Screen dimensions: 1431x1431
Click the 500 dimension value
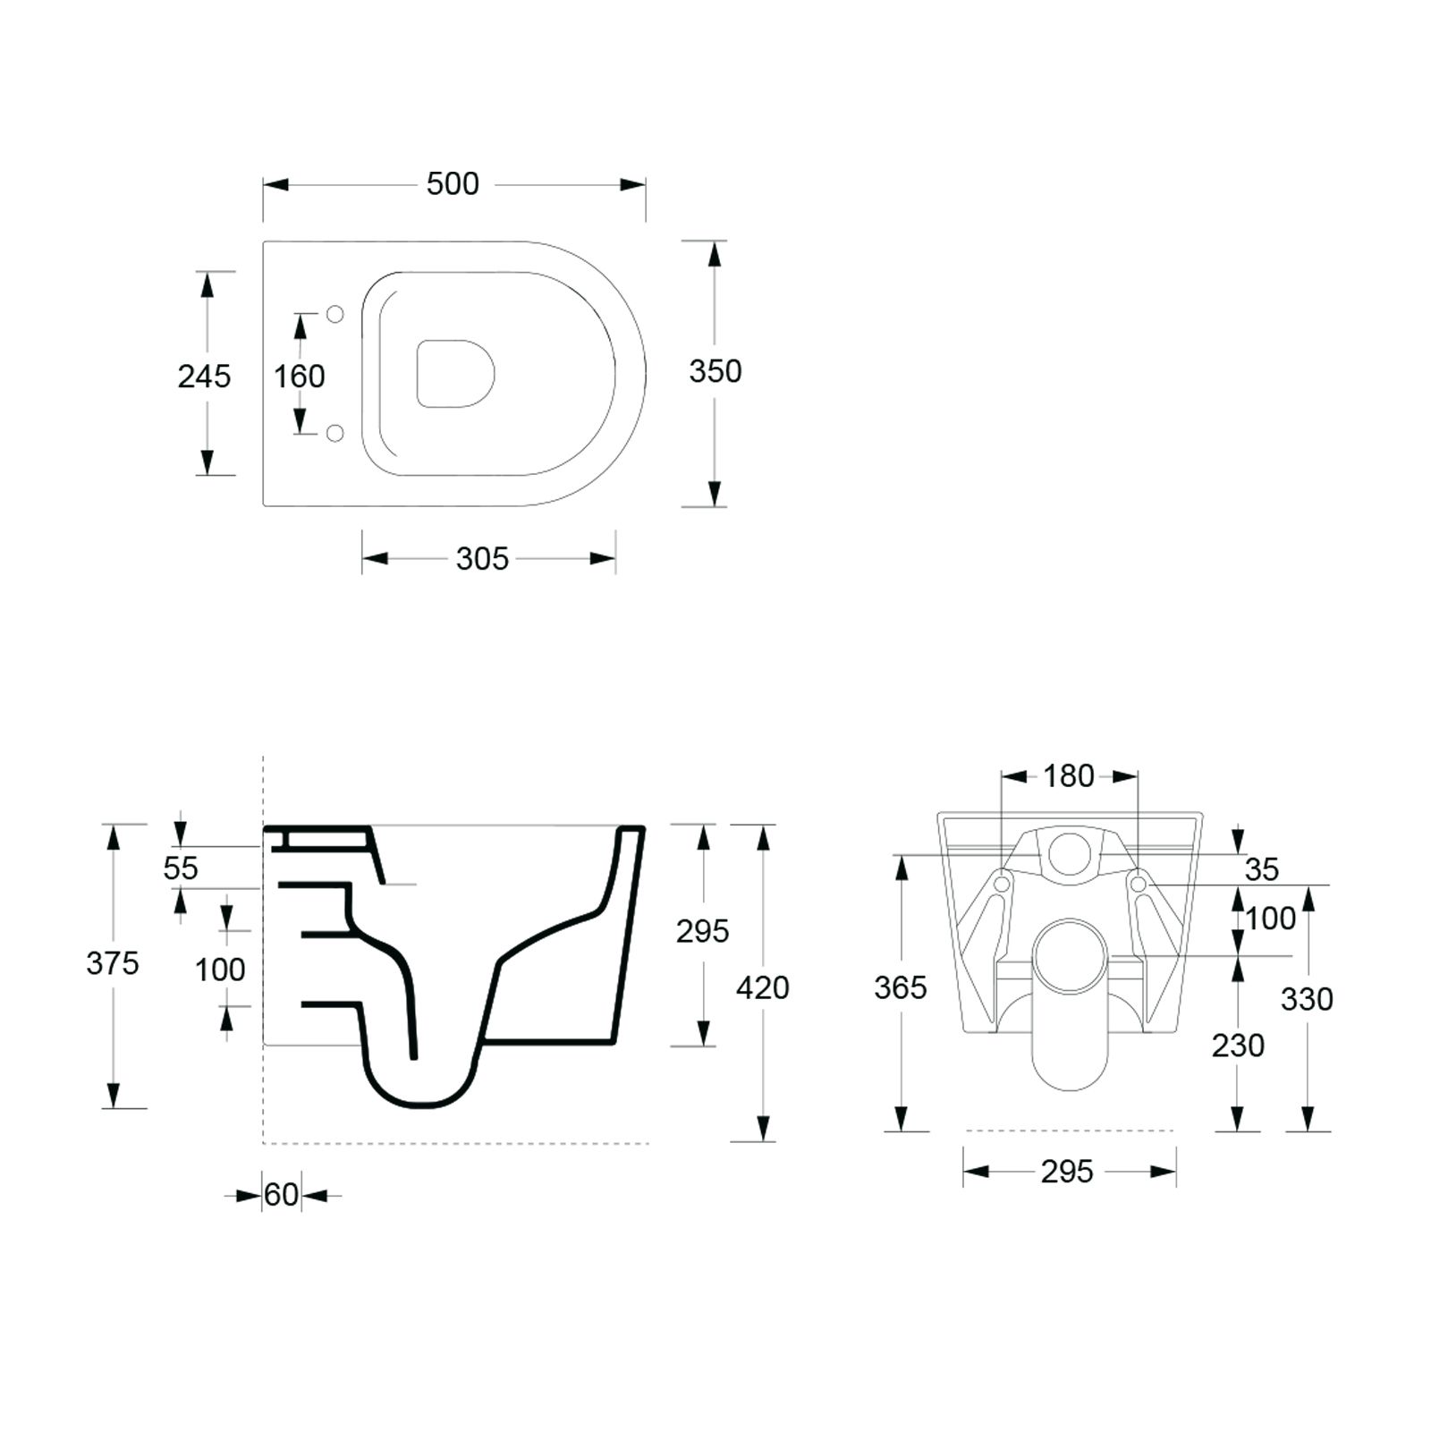point(453,184)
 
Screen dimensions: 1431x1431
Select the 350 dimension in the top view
point(715,371)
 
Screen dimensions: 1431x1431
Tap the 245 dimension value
point(204,377)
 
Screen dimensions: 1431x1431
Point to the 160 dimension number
point(300,377)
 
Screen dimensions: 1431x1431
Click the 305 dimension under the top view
point(482,559)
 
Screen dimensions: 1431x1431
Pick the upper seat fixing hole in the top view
point(335,314)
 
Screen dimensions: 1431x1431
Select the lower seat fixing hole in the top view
point(335,434)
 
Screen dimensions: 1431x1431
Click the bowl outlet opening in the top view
point(455,374)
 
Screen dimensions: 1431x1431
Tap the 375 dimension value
point(113,963)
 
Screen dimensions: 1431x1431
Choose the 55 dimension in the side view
point(181,868)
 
